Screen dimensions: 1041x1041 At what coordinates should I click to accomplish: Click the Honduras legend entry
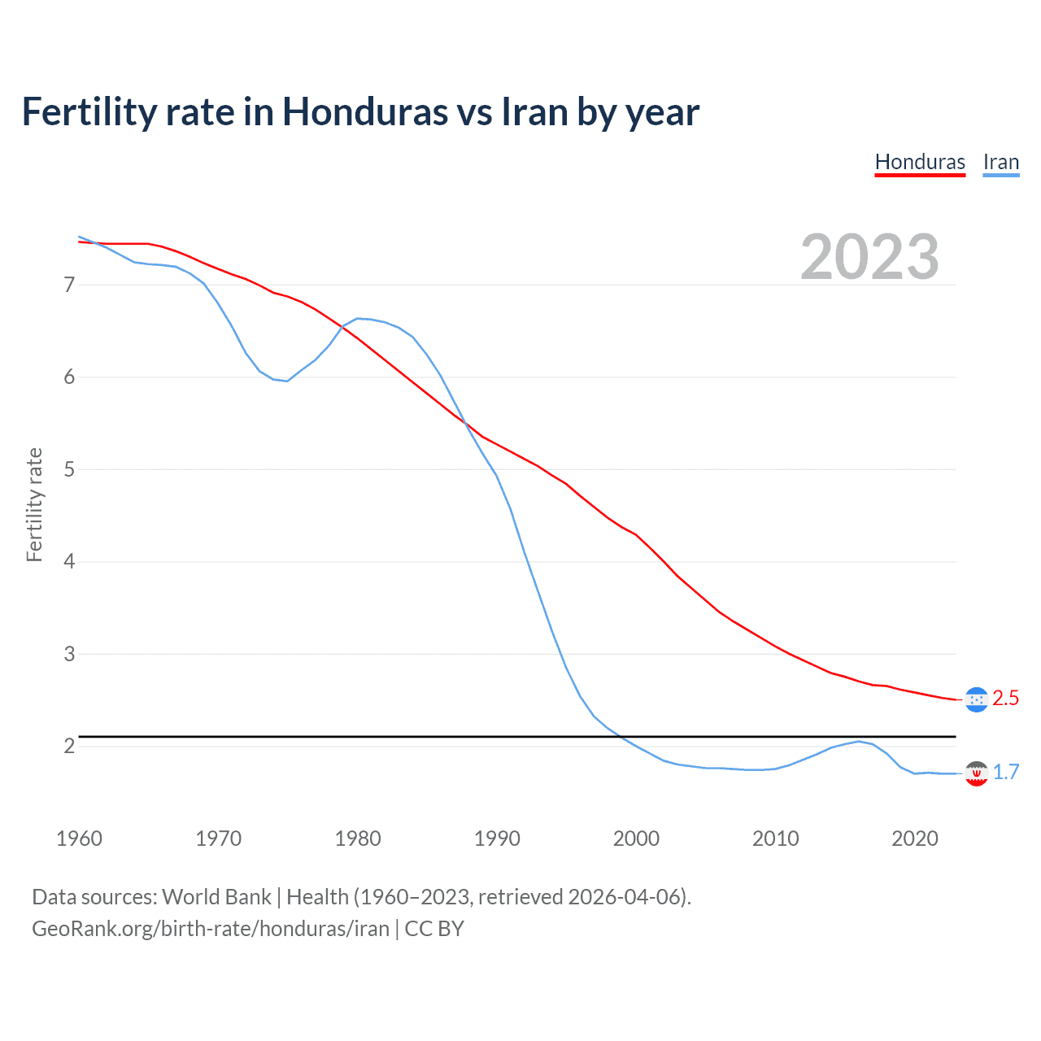click(x=920, y=162)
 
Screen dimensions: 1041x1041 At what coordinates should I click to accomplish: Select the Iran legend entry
click(x=1000, y=162)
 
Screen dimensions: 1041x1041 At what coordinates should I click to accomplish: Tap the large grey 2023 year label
click(x=869, y=257)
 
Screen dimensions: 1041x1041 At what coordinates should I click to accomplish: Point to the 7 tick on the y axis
click(x=69, y=285)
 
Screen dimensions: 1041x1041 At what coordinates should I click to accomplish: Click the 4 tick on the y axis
click(x=69, y=561)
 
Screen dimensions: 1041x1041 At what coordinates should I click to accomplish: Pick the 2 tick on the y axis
click(x=69, y=746)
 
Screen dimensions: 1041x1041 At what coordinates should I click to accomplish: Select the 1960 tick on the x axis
click(x=79, y=838)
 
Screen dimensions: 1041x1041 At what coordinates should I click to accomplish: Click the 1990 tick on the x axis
click(x=497, y=838)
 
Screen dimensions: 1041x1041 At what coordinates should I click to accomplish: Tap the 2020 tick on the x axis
click(x=915, y=838)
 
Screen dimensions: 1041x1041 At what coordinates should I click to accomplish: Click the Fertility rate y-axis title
click(x=34, y=504)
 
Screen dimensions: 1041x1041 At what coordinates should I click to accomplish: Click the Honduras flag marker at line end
click(x=976, y=699)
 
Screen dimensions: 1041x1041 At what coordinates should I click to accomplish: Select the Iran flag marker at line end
click(x=976, y=773)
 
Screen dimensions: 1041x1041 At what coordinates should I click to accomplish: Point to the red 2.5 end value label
click(x=1005, y=699)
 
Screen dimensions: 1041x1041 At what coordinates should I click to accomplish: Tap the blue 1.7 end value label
click(x=1006, y=773)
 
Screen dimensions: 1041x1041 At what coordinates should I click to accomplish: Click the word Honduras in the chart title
click(x=364, y=111)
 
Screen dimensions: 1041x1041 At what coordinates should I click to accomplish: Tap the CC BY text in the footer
click(x=434, y=929)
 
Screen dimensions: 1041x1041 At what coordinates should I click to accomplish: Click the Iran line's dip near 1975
click(x=286, y=381)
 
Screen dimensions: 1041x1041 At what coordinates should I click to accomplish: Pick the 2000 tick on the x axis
click(x=636, y=838)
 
